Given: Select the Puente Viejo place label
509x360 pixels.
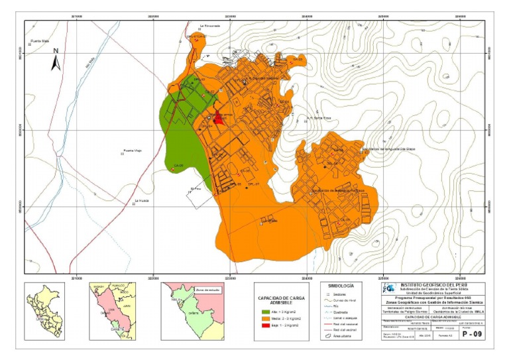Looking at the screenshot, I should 133,150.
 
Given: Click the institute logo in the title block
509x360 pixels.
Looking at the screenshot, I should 391,289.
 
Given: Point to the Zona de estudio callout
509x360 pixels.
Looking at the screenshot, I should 207,290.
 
